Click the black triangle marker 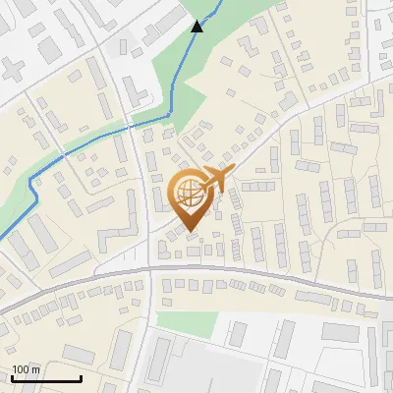pyautogui.click(x=197, y=27)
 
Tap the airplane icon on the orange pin pyautogui.click(x=217, y=179)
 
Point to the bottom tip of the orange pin pyautogui.click(x=188, y=232)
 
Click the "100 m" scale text pyautogui.click(x=27, y=369)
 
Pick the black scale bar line pyautogui.click(x=46, y=378)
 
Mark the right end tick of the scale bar pyautogui.click(x=81, y=376)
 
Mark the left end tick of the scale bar pyautogui.click(x=12, y=376)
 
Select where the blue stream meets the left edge pyautogui.click(x=2, y=237)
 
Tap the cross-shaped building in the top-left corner pyautogui.click(x=13, y=70)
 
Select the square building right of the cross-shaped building pyautogui.click(x=48, y=47)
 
